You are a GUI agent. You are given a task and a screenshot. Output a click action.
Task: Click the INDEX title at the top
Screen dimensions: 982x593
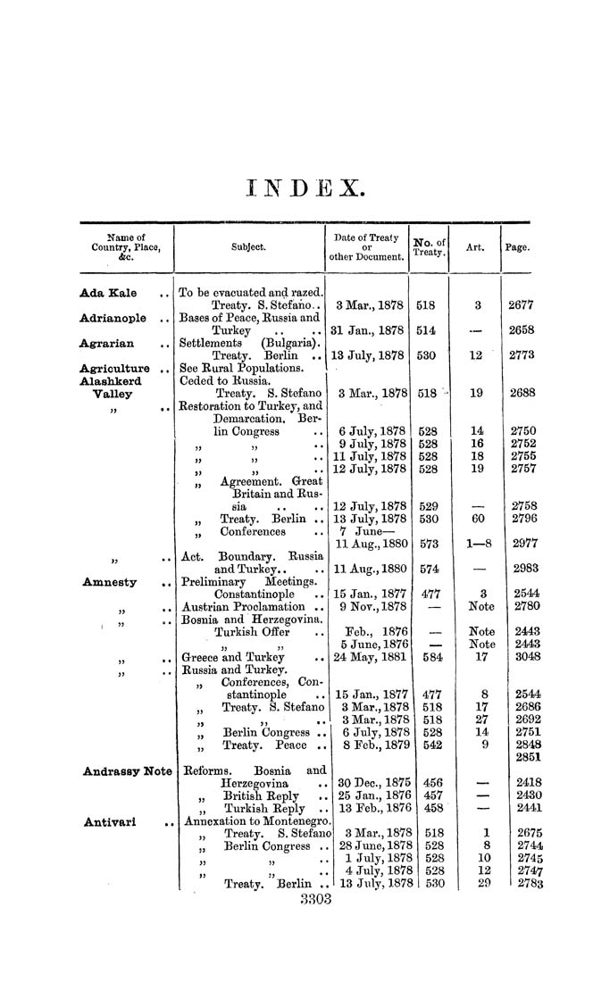point(304,188)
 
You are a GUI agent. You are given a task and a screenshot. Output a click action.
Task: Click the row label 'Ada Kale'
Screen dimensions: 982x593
point(105,292)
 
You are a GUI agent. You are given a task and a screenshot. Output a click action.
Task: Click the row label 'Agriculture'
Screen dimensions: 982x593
point(115,368)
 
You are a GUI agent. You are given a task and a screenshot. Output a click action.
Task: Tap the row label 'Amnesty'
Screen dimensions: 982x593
point(110,582)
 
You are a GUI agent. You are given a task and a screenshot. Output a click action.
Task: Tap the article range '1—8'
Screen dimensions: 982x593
point(475,545)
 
